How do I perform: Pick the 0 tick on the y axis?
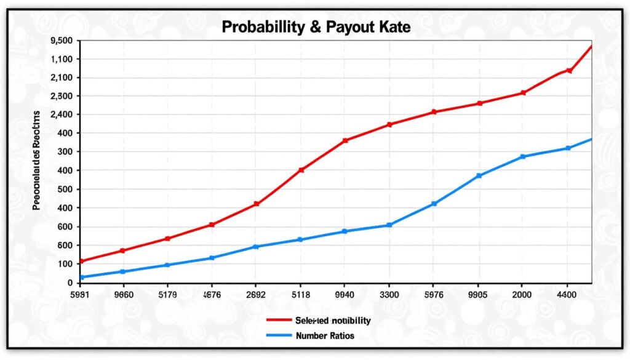point(71,283)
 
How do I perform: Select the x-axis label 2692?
point(255,294)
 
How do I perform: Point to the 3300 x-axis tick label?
point(389,294)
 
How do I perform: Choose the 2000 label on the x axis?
point(522,294)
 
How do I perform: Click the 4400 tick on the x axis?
point(567,294)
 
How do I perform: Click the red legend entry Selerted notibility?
point(332,321)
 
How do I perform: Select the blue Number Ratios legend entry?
point(324,336)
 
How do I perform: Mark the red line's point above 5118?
point(301,170)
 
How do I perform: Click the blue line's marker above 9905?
point(479,176)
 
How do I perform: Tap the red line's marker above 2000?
point(523,93)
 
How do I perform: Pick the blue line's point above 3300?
point(389,225)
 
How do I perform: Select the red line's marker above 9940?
point(345,141)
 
